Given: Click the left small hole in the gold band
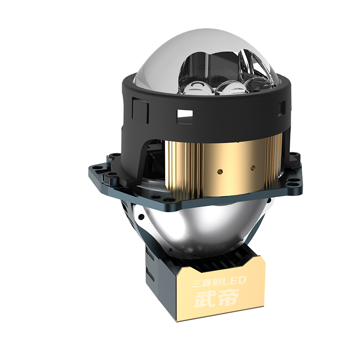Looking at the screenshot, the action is (x=220, y=171).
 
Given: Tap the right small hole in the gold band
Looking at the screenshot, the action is (x=253, y=168).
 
